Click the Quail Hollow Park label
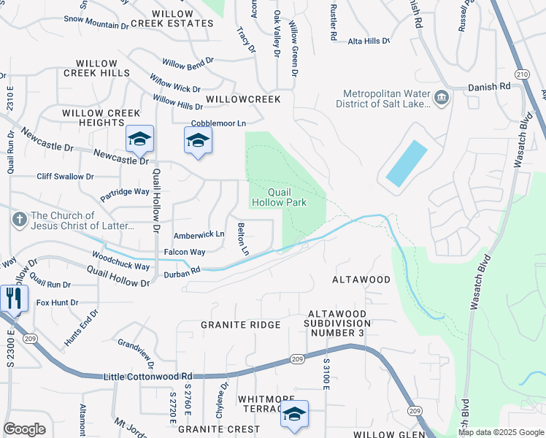pyautogui.click(x=278, y=197)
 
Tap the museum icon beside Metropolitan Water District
pyautogui.click(x=441, y=97)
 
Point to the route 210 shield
pyautogui.click(x=521, y=74)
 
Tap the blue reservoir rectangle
pyautogui.click(x=406, y=164)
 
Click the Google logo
pyautogui.click(x=24, y=429)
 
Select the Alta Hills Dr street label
pyautogui.click(x=369, y=42)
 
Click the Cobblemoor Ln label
pyautogui.click(x=218, y=123)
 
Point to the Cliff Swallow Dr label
pyautogui.click(x=66, y=176)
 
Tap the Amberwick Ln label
pyautogui.click(x=198, y=235)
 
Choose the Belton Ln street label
pyautogui.click(x=242, y=239)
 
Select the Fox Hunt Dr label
pyautogui.click(x=57, y=302)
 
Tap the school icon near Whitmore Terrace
pyautogui.click(x=294, y=414)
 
